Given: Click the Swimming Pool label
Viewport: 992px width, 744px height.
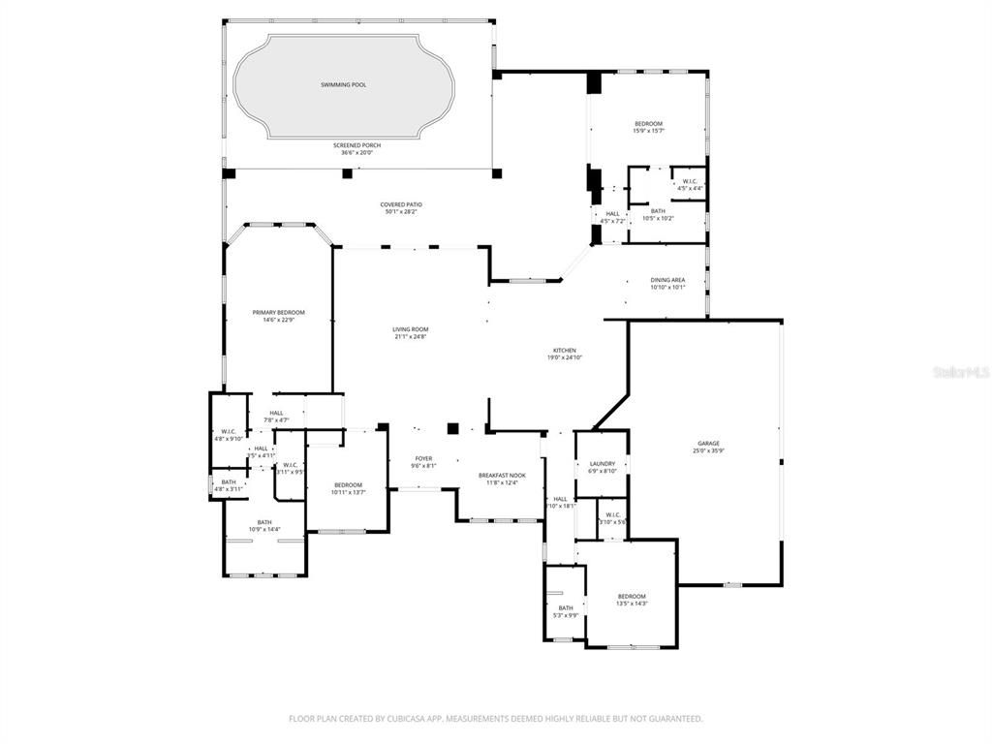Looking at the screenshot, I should tap(344, 85).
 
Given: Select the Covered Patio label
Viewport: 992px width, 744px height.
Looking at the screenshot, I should tap(400, 204).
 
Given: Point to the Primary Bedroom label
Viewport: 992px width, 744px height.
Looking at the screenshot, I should tap(278, 312).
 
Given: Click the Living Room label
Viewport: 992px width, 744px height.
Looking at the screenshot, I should tap(410, 329).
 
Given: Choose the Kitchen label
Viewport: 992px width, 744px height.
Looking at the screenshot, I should tap(565, 350).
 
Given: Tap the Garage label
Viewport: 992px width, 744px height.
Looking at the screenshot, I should tap(708, 443).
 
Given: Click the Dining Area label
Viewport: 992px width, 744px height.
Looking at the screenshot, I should tap(667, 280).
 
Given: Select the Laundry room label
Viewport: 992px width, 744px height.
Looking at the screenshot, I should tap(603, 464).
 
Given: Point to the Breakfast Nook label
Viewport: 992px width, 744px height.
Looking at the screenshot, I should tap(502, 476).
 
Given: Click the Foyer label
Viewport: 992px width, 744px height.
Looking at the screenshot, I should tap(423, 458).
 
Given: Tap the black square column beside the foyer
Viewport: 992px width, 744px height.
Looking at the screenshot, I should tap(452, 427).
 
